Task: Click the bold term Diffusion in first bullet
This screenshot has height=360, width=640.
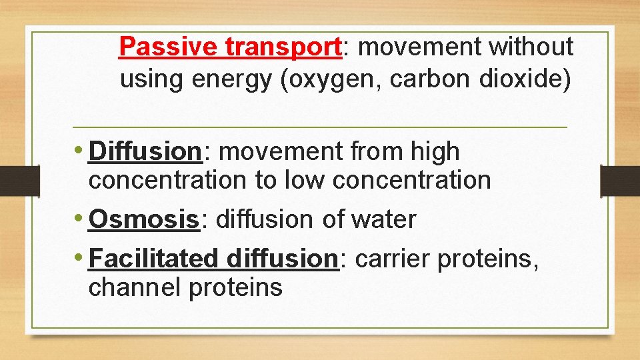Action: [x=145, y=151]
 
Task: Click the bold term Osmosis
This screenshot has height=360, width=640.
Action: [x=144, y=219]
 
